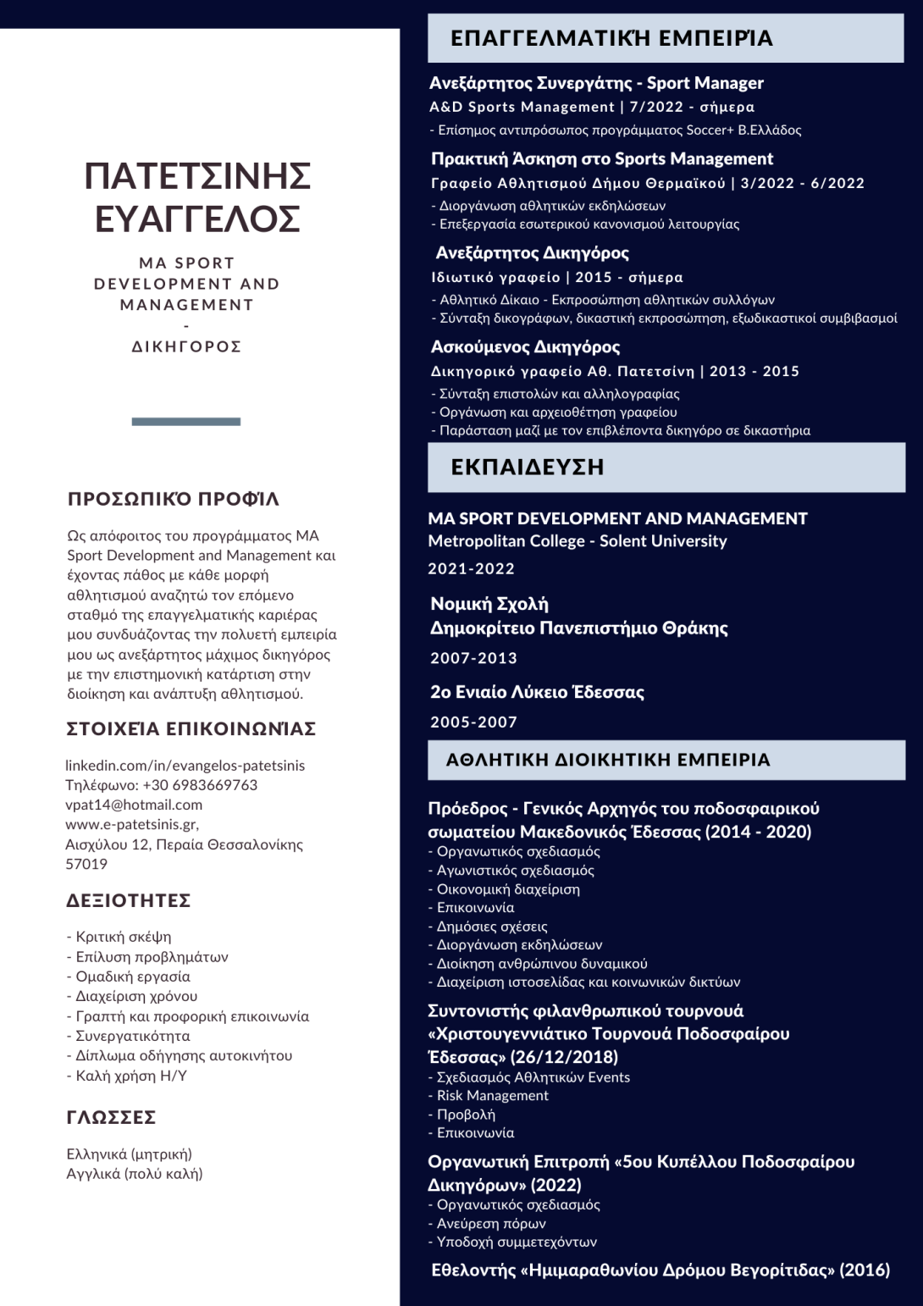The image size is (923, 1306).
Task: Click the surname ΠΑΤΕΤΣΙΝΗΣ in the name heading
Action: tap(197, 176)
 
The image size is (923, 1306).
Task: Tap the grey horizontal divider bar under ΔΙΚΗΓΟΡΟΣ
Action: tap(186, 421)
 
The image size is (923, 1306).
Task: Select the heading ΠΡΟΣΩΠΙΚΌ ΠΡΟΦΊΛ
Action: tap(173, 499)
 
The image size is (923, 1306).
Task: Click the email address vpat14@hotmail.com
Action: tap(134, 805)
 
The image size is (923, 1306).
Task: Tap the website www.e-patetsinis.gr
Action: tap(131, 824)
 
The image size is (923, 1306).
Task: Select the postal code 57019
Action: tap(86, 864)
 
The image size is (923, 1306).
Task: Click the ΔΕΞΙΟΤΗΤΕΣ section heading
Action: tap(128, 900)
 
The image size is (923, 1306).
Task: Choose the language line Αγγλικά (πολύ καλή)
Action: tap(135, 1174)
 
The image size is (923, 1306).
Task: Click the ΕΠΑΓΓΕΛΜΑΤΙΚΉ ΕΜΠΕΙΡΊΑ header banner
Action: tap(666, 38)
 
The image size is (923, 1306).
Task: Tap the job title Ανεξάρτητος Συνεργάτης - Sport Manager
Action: tap(596, 83)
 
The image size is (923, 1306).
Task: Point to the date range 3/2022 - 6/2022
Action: tap(802, 183)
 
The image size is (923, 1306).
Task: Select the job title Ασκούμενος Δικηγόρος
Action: tap(525, 346)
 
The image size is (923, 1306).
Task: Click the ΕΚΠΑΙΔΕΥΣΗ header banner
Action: tap(666, 467)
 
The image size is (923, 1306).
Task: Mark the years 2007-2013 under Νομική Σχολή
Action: tap(473, 658)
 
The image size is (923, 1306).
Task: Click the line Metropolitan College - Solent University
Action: tap(577, 541)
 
